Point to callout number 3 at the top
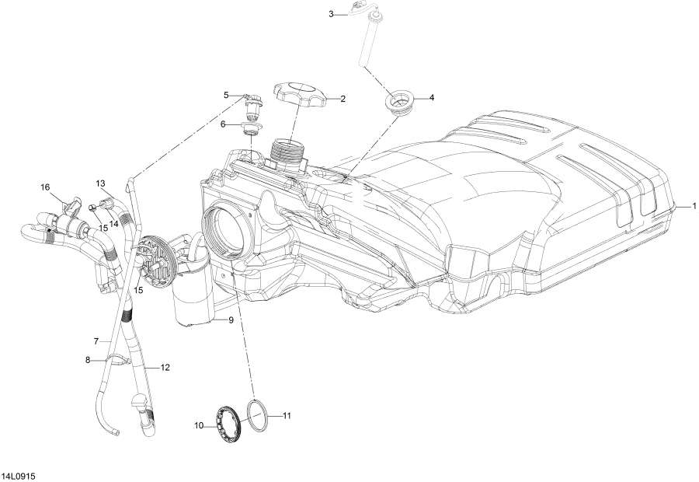pos(332,14)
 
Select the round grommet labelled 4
pos(398,103)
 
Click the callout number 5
pos(227,95)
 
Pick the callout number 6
pos(224,124)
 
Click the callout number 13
pos(100,183)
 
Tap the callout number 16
pos(45,187)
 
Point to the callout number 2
pos(342,99)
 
